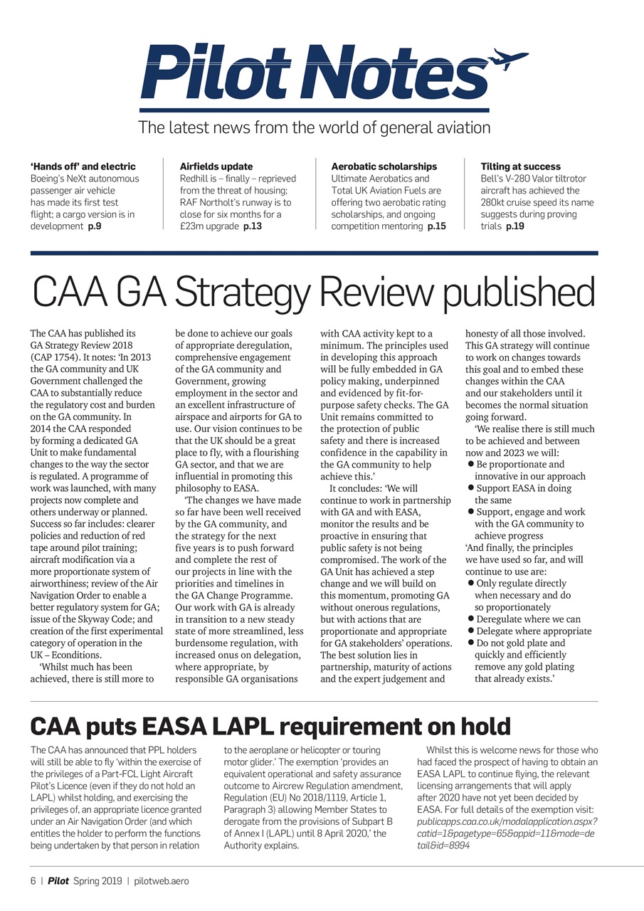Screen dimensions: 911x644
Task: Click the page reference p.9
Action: pyautogui.click(x=95, y=226)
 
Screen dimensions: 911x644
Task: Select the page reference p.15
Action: pyautogui.click(x=436, y=226)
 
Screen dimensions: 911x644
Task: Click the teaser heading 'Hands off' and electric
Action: pyautogui.click(x=83, y=167)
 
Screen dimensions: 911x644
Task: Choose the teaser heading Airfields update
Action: pyautogui.click(x=216, y=167)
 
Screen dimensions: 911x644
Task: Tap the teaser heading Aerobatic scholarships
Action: pyautogui.click(x=384, y=167)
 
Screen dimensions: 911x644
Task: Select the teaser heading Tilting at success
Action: pyautogui.click(x=520, y=167)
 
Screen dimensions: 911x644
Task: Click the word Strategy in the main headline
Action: pyautogui.click(x=243, y=293)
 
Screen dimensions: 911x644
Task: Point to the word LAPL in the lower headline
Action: pyautogui.click(x=242, y=727)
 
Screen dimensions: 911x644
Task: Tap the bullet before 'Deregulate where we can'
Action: pyautogui.click(x=471, y=619)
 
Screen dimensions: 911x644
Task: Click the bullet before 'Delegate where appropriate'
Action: pyautogui.click(x=471, y=631)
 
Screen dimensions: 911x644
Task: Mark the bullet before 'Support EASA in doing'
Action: pyautogui.click(x=471, y=488)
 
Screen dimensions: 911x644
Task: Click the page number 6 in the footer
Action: pyautogui.click(x=33, y=881)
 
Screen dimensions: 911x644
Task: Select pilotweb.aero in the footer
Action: pyautogui.click(x=162, y=881)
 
